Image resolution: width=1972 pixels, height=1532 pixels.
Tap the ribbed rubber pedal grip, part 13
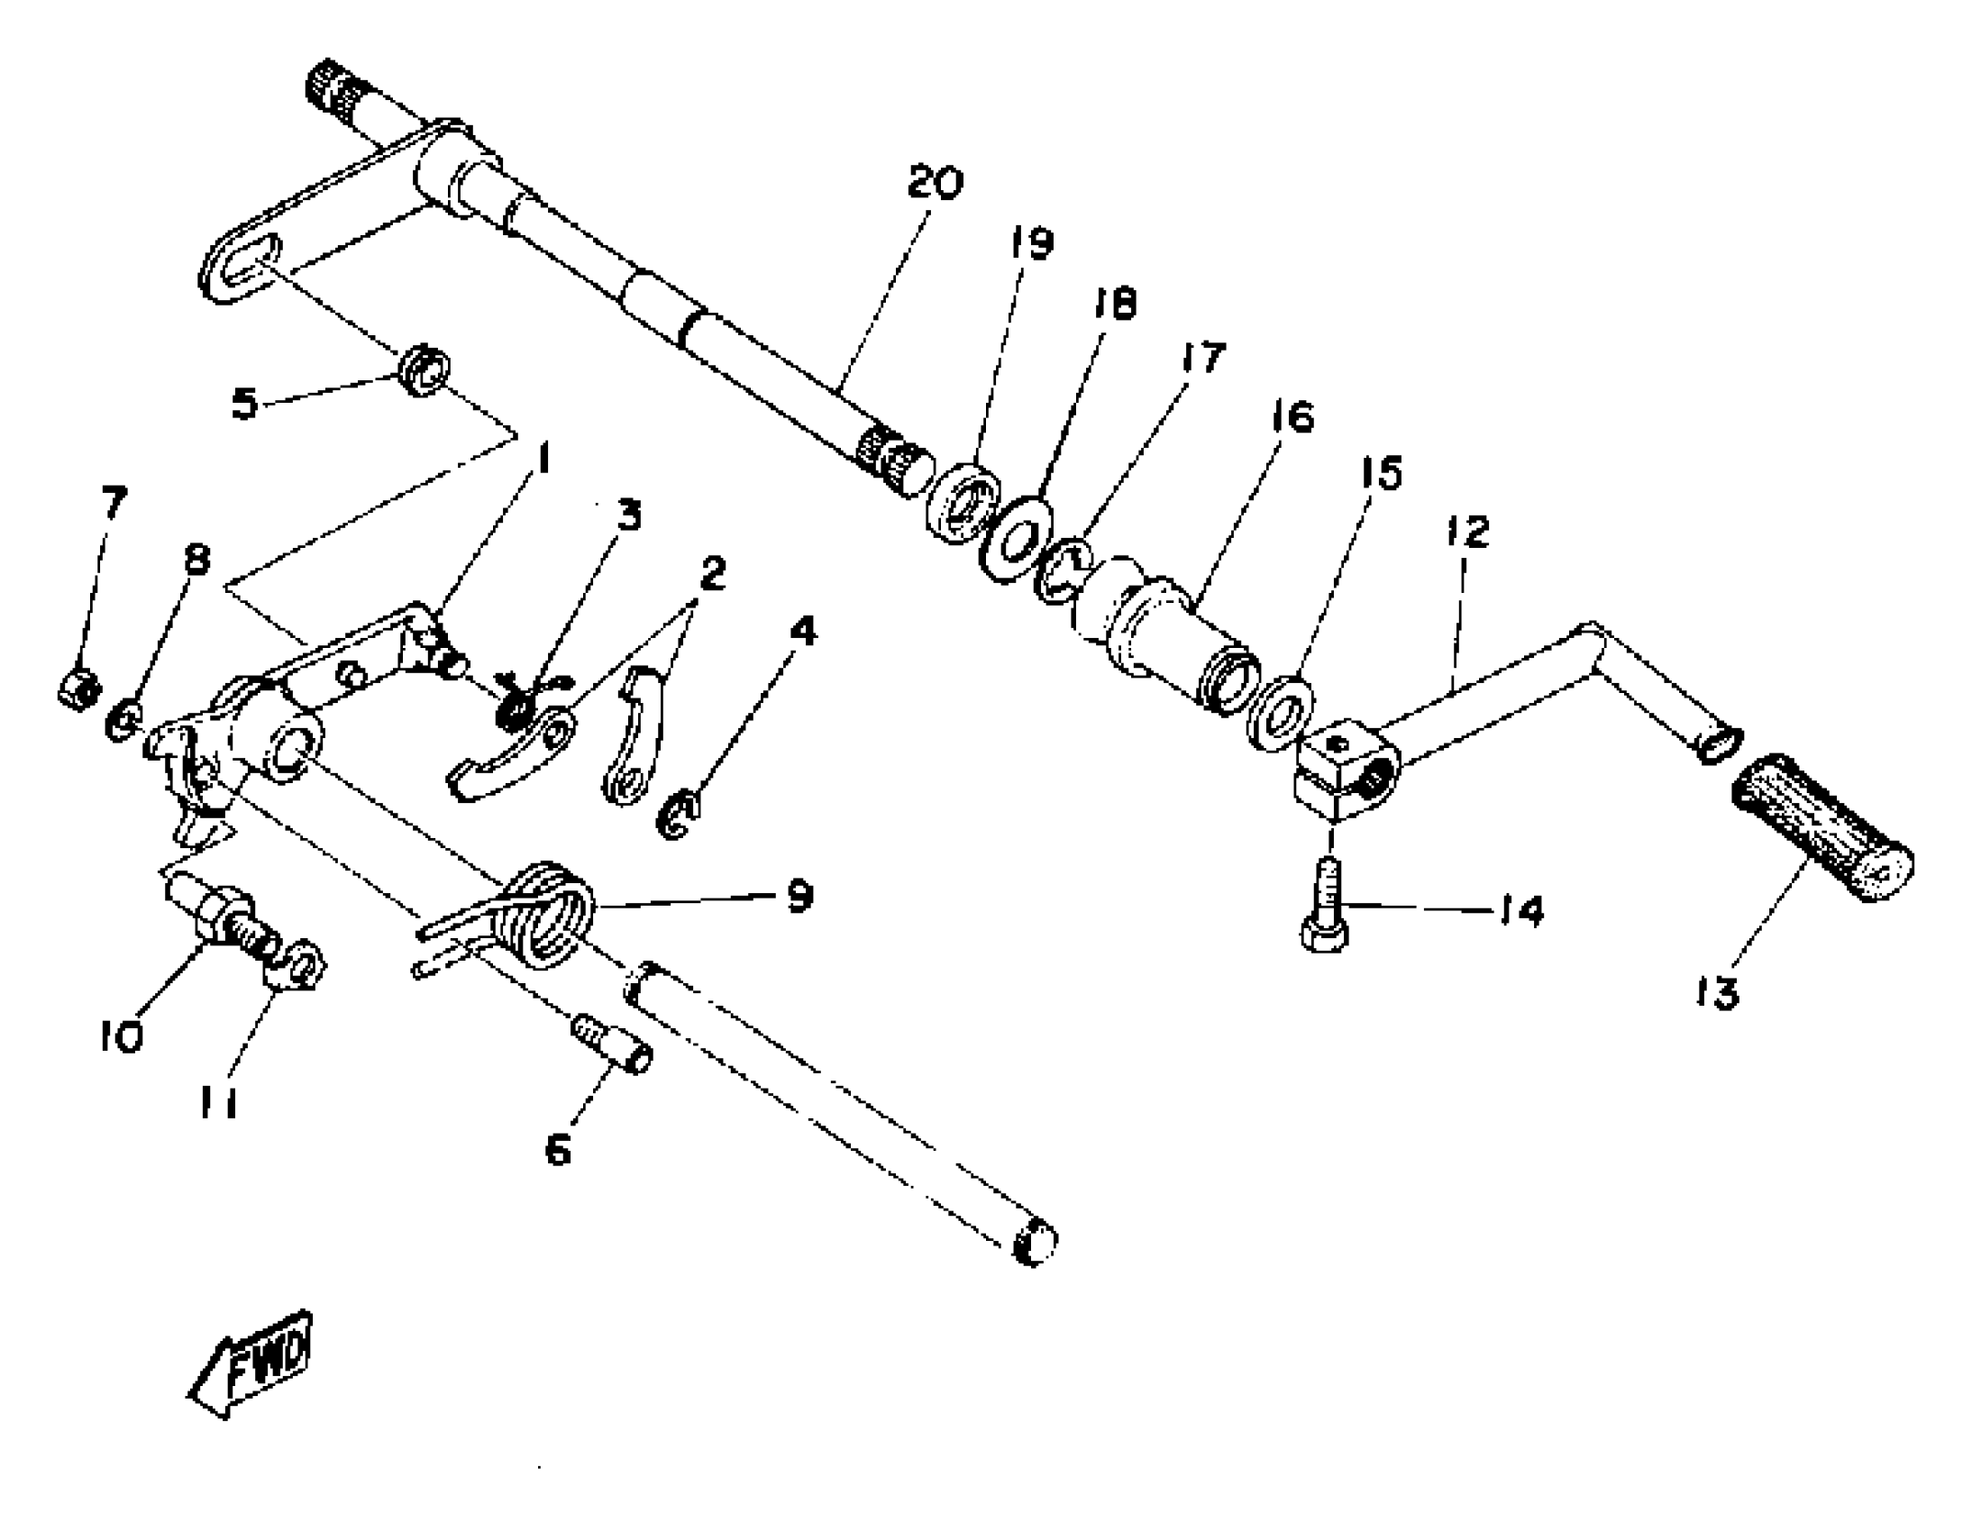pyautogui.click(x=1821, y=826)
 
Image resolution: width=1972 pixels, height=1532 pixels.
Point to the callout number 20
pyautogui.click(x=936, y=182)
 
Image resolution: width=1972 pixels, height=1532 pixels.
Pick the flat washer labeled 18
pyautogui.click(x=1017, y=539)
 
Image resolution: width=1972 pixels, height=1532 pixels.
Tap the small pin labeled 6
pyautogui.click(x=615, y=1045)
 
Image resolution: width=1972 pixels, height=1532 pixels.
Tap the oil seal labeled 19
pyautogui.click(x=963, y=502)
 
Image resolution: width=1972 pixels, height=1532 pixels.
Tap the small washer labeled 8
pyautogui.click(x=123, y=721)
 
